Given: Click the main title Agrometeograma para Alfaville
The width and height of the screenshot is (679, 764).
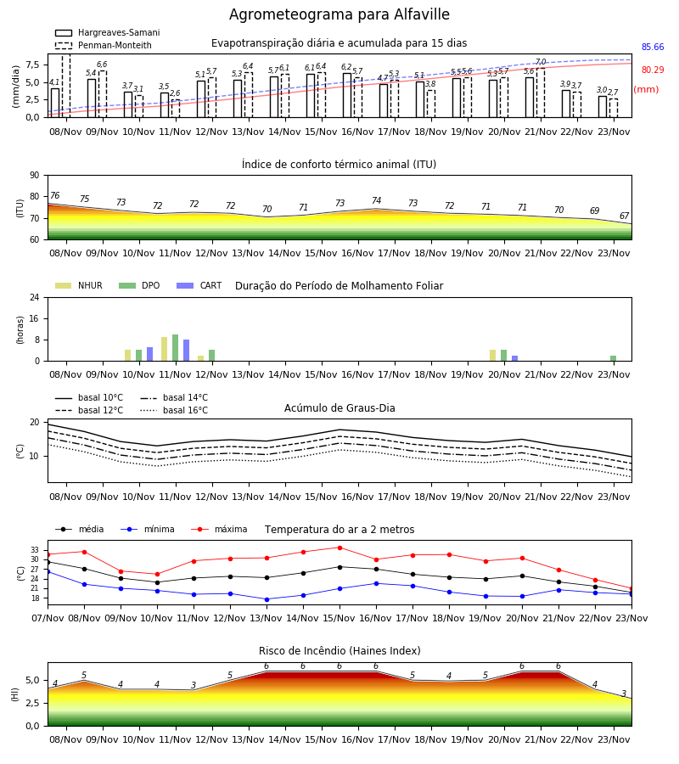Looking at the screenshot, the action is pos(339,14).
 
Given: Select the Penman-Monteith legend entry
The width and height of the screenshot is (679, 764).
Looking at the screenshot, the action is pos(104,45).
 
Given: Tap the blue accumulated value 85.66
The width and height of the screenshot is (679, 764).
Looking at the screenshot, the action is pos(653,48).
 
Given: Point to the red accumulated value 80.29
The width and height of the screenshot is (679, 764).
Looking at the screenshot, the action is pos(653,70).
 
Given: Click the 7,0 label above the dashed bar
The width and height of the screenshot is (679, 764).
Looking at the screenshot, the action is pos(541,61).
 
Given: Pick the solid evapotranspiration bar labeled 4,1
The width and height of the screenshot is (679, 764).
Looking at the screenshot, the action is pos(55,103).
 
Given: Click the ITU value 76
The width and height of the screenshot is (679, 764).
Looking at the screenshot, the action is pos(54,195).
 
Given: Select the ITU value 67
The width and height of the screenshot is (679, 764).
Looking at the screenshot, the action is pos(624,216).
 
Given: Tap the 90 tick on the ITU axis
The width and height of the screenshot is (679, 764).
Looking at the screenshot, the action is pos(35,176).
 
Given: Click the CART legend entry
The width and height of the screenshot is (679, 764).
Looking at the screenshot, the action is pos(199,285).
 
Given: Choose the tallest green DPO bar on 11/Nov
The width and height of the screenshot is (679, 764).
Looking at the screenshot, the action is pos(176,348).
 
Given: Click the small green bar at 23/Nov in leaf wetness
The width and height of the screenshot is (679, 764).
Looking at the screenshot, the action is pos(614,358).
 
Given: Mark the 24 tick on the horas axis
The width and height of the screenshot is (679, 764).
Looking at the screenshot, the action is pos(35,298).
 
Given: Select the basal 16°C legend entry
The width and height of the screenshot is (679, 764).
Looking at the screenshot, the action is pos(174,410).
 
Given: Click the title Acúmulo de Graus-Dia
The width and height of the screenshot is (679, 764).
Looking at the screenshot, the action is pos(339,408).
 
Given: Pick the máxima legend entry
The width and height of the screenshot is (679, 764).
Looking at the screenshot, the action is pos(219,529).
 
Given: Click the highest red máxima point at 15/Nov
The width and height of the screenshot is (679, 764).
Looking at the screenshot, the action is pos(339,548).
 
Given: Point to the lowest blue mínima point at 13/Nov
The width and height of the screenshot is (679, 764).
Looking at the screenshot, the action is pos(267,599).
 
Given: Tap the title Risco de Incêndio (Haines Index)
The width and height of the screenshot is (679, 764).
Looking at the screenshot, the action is pos(339,651).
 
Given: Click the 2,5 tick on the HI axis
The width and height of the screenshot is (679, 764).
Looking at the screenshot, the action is pos(32,703).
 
